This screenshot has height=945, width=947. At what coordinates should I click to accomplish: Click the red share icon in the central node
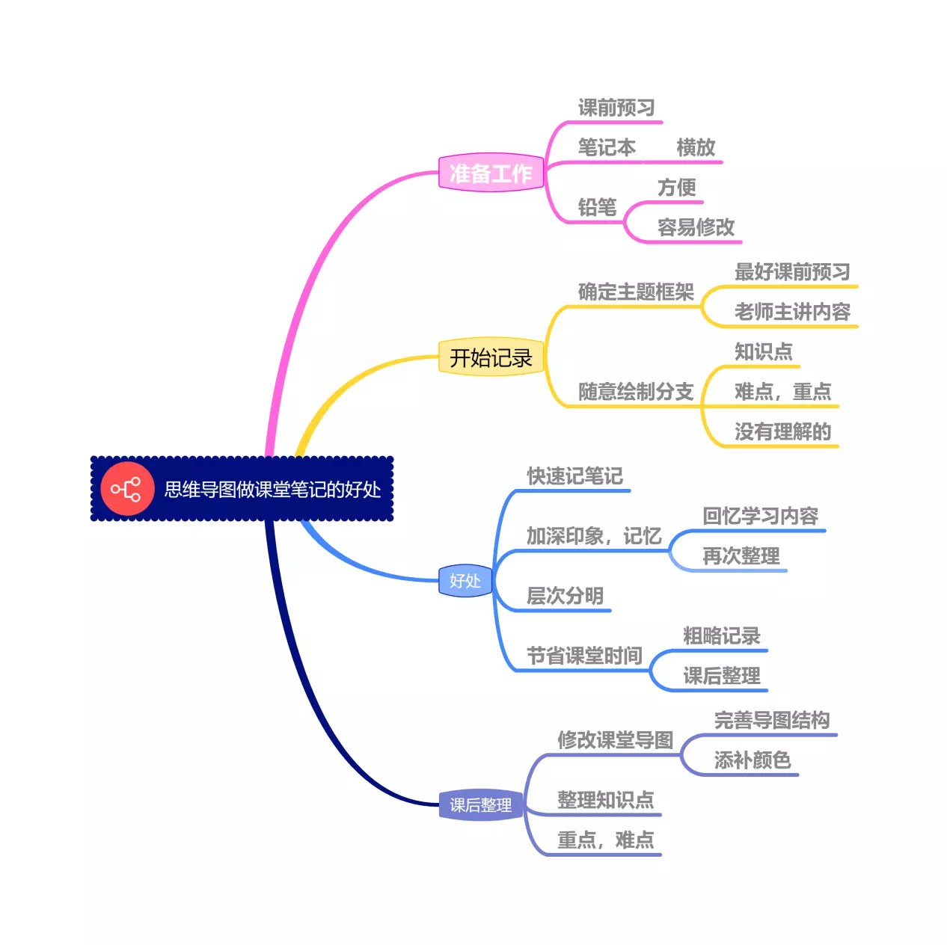(x=126, y=490)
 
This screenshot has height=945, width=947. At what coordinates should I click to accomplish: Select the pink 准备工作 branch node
(x=491, y=173)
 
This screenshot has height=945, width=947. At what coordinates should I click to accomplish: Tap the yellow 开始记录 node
(x=491, y=358)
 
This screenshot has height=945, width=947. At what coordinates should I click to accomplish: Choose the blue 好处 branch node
(x=465, y=581)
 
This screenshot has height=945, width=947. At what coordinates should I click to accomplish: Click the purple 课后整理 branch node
(x=480, y=805)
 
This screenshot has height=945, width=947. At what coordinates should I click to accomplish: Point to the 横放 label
(x=696, y=147)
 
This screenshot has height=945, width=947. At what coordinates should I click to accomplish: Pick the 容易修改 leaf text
(x=696, y=227)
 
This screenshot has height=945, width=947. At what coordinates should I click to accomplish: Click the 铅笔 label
(x=597, y=207)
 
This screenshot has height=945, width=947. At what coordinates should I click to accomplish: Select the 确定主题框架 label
(x=636, y=292)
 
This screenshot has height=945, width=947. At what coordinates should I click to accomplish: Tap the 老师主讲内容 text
(x=792, y=312)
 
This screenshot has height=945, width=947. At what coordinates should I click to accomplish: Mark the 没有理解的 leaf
(x=782, y=431)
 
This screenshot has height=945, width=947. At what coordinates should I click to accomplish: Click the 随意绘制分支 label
(x=636, y=392)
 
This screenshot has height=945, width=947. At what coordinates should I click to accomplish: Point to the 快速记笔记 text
(x=574, y=476)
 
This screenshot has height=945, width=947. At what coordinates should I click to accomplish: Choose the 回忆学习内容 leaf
(x=760, y=516)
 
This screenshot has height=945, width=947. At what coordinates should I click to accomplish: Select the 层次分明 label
(x=565, y=596)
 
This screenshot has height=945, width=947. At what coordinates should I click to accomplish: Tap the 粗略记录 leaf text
(x=721, y=636)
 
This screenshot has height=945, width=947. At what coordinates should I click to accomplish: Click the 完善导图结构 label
(x=772, y=720)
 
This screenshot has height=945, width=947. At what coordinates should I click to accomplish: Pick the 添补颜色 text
(x=753, y=760)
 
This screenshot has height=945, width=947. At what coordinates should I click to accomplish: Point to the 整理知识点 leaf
(x=605, y=800)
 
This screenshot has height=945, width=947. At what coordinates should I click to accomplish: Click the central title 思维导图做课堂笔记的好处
(x=272, y=490)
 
